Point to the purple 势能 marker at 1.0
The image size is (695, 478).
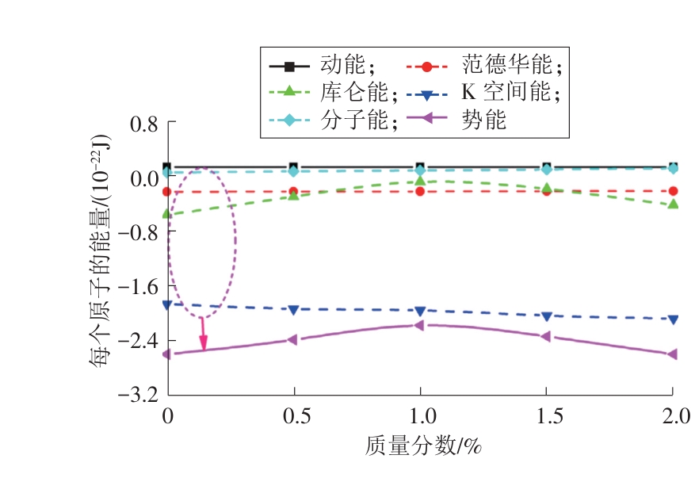point(420,325)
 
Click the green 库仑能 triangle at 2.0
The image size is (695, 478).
point(673,204)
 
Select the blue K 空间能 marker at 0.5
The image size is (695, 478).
point(294,309)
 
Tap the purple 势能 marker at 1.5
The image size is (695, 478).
point(546,336)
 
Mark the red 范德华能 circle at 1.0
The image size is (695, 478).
point(420,191)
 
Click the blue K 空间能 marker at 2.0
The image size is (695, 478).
point(673,319)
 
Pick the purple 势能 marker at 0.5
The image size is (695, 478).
point(294,339)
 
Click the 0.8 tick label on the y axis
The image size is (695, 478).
point(143,124)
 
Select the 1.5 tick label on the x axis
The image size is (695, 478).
point(546,415)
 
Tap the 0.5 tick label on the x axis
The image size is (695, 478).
point(294,415)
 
